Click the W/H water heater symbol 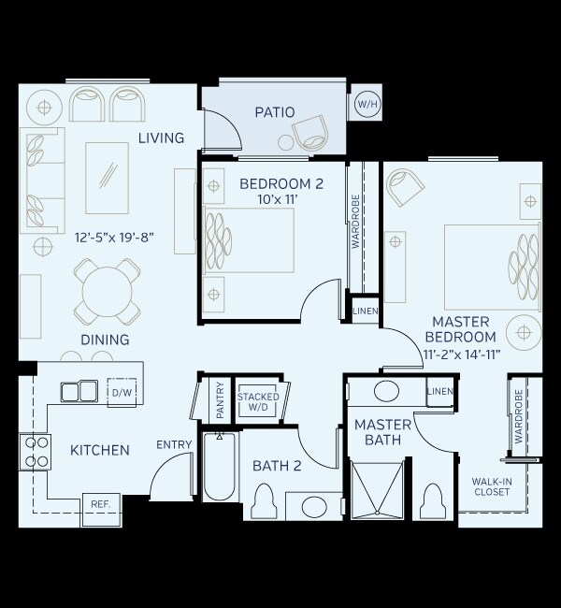click(365, 105)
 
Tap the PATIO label click(274, 112)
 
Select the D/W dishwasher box click(122, 392)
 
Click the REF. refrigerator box click(100, 504)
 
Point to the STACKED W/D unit click(258, 402)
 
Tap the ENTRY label click(174, 444)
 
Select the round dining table click(109, 291)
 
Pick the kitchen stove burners click(36, 452)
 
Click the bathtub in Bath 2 click(221, 474)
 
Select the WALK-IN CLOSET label click(490, 486)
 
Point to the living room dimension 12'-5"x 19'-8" click(113, 238)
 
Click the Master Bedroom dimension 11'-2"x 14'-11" click(460, 354)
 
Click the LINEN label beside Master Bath click(439, 391)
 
